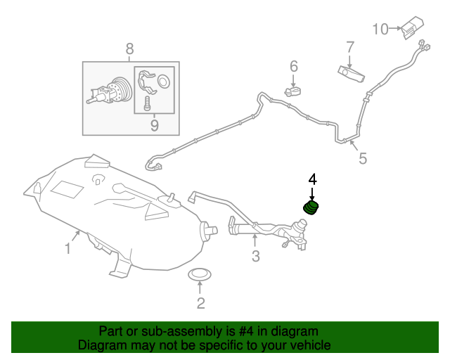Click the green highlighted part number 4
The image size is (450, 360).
tap(311, 208)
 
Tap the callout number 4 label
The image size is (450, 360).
tap(312, 179)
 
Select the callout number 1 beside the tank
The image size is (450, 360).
tap(67, 249)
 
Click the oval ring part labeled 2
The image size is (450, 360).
tap(200, 275)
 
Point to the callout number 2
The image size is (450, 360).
tap(200, 303)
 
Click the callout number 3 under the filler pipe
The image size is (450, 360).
tap(255, 256)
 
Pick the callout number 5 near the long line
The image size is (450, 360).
tap(363, 158)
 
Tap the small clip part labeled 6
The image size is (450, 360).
tap(292, 92)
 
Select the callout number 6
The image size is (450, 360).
tap(294, 66)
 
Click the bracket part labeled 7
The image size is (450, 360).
tap(352, 74)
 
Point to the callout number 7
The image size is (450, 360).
tap(350, 47)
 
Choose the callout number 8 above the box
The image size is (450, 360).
tap(129, 49)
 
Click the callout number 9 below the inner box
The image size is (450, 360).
tap(155, 126)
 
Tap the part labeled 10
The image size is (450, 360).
tap(412, 27)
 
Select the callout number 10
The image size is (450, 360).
tap(380, 30)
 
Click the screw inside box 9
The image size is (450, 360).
tap(147, 103)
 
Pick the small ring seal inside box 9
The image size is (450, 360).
tap(164, 80)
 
